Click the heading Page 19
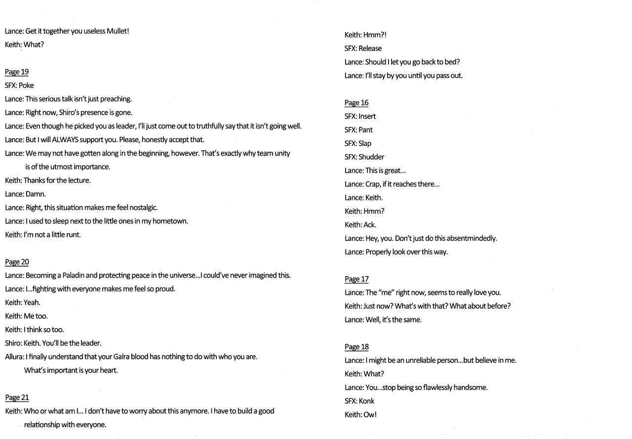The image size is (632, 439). [17, 72]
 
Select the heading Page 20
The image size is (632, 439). [17, 262]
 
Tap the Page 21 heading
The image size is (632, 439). [17, 398]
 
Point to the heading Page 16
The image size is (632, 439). [356, 103]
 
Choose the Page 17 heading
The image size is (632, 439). [356, 279]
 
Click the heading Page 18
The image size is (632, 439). [356, 347]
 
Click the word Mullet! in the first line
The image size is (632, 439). [118, 31]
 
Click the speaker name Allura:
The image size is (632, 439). [14, 357]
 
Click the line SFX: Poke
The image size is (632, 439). [19, 85]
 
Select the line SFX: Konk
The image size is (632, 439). [359, 401]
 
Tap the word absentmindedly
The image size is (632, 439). [471, 239]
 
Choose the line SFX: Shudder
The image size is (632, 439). [364, 157]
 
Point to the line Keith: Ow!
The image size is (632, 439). [360, 415]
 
